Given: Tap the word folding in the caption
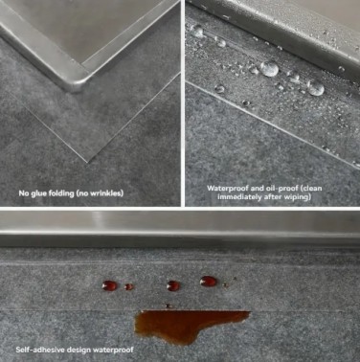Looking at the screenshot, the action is pyautogui.click(x=57, y=193).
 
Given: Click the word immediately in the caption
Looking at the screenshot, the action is pyautogui.click(x=236, y=197).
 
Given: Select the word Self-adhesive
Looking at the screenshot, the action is pyautogui.click(x=36, y=350).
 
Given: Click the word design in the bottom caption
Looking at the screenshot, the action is pyautogui.click(x=74, y=350).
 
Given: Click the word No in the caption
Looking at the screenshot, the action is pyautogui.click(x=23, y=193).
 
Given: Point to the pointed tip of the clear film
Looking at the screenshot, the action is pyautogui.click(x=87, y=163).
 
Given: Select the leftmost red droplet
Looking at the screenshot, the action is pyautogui.click(x=109, y=285).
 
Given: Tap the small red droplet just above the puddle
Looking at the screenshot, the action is pyautogui.click(x=169, y=305).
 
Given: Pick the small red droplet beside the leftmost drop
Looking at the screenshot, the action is pyautogui.click(x=128, y=286).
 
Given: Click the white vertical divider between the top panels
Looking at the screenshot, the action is pyautogui.click(x=183, y=103).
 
